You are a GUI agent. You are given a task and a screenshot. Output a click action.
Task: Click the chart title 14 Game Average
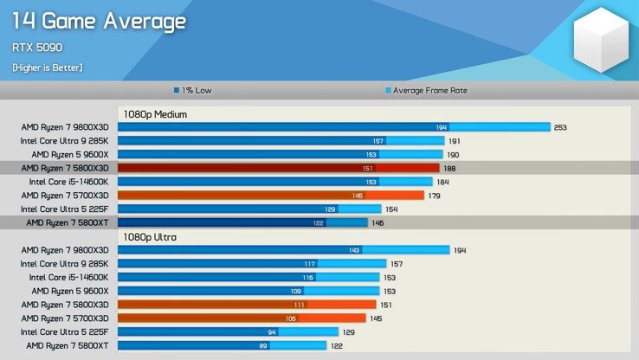(99, 20)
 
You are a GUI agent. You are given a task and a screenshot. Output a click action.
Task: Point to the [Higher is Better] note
(48, 67)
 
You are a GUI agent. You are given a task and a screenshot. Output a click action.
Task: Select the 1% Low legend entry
(194, 90)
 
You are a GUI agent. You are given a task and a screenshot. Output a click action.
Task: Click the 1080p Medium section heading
(155, 113)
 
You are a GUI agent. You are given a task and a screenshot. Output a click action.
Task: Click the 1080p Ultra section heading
(152, 236)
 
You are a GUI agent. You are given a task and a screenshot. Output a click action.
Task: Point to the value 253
(560, 127)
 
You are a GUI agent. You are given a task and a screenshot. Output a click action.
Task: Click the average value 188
(449, 168)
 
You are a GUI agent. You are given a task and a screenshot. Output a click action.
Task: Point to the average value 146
(378, 222)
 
